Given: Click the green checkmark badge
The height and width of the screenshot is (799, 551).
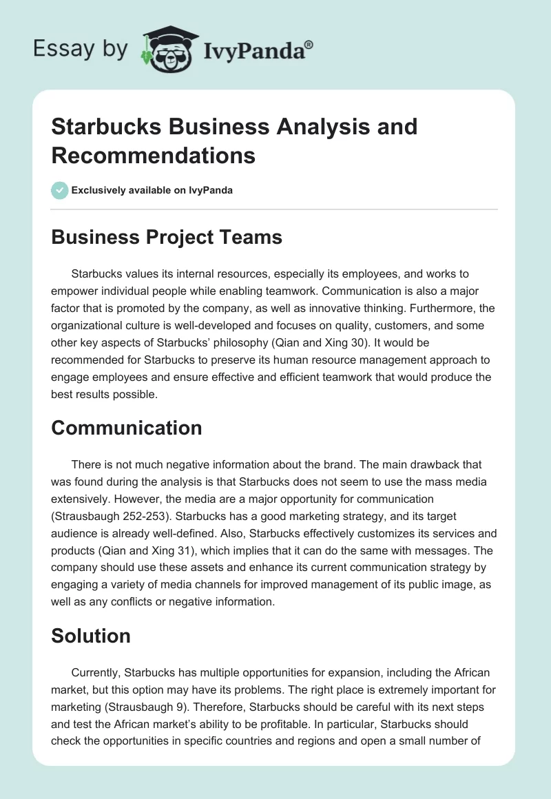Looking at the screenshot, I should (x=60, y=190).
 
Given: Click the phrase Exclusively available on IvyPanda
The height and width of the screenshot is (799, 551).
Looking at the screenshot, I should (x=152, y=190).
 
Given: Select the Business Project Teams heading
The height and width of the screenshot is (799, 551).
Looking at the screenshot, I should (x=167, y=237).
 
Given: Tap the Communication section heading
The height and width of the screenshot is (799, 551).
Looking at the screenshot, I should (x=127, y=428).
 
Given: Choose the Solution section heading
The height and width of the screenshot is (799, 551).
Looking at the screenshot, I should (x=91, y=636).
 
